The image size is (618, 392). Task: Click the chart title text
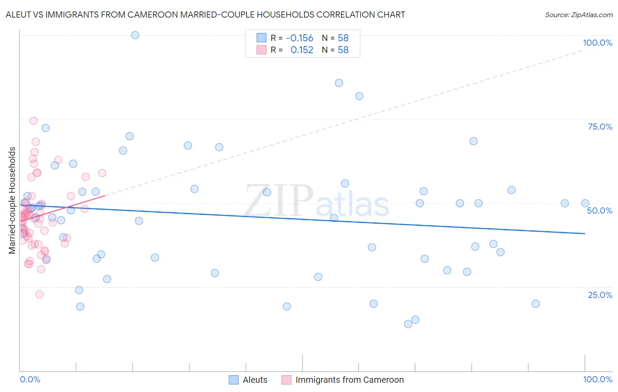point(205,15)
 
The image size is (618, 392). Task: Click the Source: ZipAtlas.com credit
point(578,15)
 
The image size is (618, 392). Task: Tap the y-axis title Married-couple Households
point(12,200)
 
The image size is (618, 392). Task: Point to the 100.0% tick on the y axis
point(597,43)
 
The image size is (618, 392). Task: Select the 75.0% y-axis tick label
point(600,127)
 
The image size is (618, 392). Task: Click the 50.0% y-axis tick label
point(600,211)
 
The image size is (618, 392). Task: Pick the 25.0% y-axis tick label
point(600,294)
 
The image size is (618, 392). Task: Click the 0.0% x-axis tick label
point(30,379)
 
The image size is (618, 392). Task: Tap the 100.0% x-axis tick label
point(597,379)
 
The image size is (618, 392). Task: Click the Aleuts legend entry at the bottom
point(254,380)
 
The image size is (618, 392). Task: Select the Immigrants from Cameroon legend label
point(349,380)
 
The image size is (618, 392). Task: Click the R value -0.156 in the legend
point(299,38)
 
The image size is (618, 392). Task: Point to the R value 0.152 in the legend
point(302,50)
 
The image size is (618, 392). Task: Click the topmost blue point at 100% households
point(135,35)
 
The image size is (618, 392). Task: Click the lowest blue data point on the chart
point(408,324)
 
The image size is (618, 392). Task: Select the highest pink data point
point(33,121)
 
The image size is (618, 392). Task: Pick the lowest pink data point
point(40,294)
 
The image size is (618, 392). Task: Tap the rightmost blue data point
point(585,203)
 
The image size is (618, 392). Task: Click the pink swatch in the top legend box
point(262,50)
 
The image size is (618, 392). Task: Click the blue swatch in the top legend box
point(262,38)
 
